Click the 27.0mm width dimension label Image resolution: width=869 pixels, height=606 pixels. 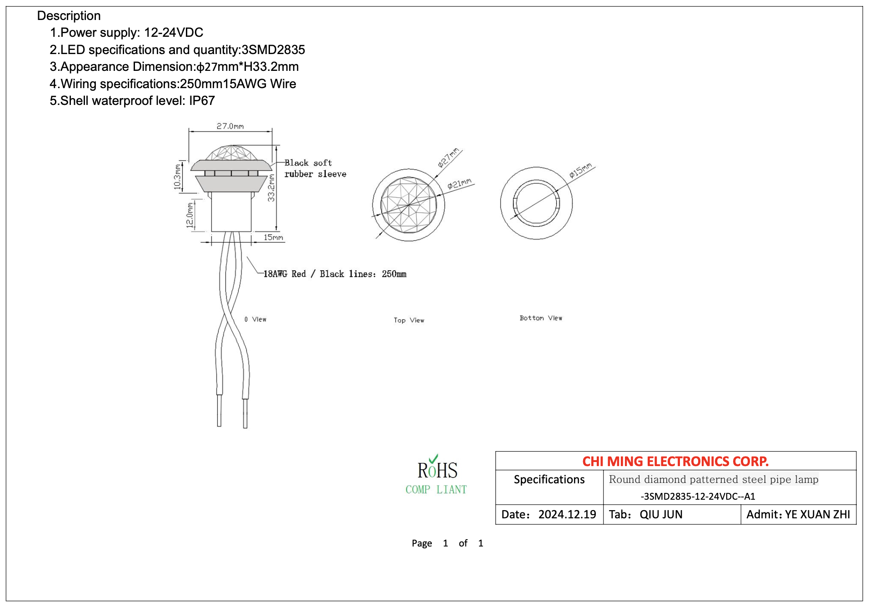pyautogui.click(x=230, y=126)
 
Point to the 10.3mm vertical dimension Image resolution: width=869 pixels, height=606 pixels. pyautogui.click(x=177, y=177)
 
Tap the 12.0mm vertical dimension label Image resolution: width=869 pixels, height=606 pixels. pyautogui.click(x=190, y=215)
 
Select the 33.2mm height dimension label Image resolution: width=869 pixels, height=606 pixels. pyautogui.click(x=271, y=188)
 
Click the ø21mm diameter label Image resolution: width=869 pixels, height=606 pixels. pyautogui.click(x=459, y=183)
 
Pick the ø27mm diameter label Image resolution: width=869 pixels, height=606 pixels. pyautogui.click(x=449, y=157)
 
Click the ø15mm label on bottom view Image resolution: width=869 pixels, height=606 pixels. pyautogui.click(x=581, y=170)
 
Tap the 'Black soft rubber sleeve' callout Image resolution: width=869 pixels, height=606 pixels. pyautogui.click(x=315, y=168)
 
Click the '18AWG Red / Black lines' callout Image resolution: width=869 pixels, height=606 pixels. pyautogui.click(x=335, y=274)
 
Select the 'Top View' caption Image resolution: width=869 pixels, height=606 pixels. pyautogui.click(x=409, y=320)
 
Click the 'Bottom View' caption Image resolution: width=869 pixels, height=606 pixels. pyautogui.click(x=541, y=318)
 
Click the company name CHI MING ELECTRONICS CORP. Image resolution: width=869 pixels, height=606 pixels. pyautogui.click(x=675, y=461)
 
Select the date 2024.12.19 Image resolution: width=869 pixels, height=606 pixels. pyautogui.click(x=567, y=514)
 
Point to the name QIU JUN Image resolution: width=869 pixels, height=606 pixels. pyautogui.click(x=661, y=514)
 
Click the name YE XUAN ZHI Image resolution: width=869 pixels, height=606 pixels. pyautogui.click(x=817, y=514)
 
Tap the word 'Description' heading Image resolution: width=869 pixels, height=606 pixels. pyautogui.click(x=69, y=15)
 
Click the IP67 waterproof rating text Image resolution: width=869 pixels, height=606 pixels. pyautogui.click(x=202, y=100)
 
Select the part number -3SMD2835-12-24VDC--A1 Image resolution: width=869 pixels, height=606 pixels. pyautogui.click(x=698, y=496)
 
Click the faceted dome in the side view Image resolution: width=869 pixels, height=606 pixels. pyautogui.click(x=231, y=153)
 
